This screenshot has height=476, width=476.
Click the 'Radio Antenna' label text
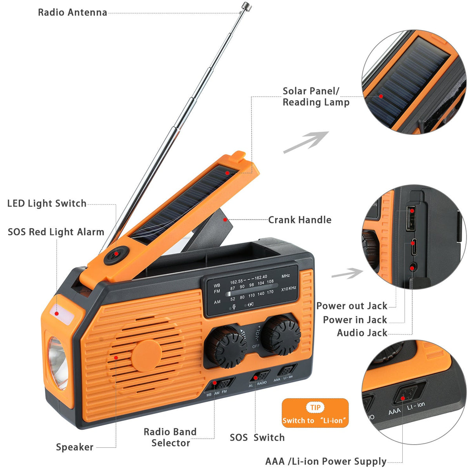pyautogui.click(x=73, y=13)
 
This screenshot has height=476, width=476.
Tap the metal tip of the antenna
pyautogui.click(x=246, y=6)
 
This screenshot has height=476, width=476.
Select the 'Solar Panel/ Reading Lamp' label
pyautogui.click(x=316, y=96)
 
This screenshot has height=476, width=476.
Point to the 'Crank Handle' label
pyautogui.click(x=300, y=220)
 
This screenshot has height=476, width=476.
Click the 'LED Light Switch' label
pyautogui.click(x=47, y=203)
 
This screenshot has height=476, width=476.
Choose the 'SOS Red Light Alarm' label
pyautogui.click(x=56, y=232)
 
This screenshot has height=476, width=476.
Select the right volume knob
pyautogui.click(x=281, y=334)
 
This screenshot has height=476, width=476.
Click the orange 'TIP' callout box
pyautogui.click(x=315, y=413)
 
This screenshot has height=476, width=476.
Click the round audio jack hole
pyautogui.click(x=412, y=267)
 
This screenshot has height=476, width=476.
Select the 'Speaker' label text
pyautogui.click(x=74, y=447)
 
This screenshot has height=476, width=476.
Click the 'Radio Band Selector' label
pyautogui.click(x=170, y=437)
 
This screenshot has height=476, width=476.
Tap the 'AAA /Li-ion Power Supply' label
pyautogui.click(x=326, y=461)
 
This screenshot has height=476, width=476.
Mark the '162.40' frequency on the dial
pyautogui.click(x=261, y=277)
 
